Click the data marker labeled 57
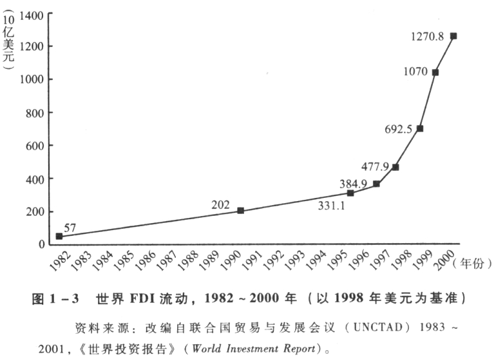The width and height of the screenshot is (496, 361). [59, 236]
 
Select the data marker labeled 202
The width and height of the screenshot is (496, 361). [240, 211]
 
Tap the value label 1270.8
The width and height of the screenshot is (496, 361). [427, 37]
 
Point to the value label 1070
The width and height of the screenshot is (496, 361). [415, 72]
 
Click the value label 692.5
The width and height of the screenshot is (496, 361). [399, 129]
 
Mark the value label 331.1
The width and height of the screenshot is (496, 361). [333, 206]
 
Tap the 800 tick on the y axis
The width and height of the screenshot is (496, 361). [35, 113]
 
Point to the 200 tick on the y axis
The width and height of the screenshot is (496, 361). [35, 212]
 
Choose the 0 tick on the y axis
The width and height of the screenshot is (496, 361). [41, 245]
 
